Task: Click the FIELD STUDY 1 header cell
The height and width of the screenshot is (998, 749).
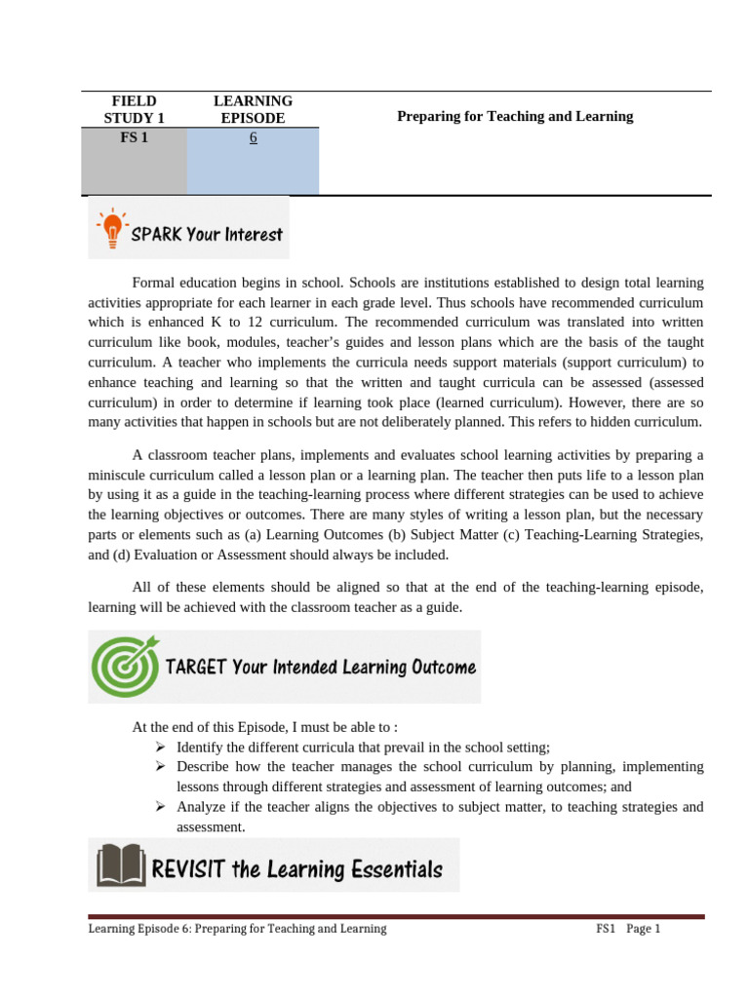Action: pyautogui.click(x=134, y=109)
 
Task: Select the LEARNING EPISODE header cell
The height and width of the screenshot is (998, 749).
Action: pyautogui.click(x=253, y=109)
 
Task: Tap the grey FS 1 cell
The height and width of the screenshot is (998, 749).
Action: pyautogui.click(x=134, y=138)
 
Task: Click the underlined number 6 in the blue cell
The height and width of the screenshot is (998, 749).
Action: pyautogui.click(x=253, y=138)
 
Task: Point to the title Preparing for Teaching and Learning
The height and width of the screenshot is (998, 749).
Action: pyautogui.click(x=515, y=116)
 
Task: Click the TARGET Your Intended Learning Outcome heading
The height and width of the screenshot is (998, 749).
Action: pyautogui.click(x=321, y=668)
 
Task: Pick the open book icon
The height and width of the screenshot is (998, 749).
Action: pyautogui.click(x=120, y=865)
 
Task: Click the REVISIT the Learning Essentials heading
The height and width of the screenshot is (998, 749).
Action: pyautogui.click(x=296, y=868)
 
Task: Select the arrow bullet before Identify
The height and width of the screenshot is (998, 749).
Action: pyautogui.click(x=161, y=748)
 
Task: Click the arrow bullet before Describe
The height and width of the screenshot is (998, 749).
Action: pyautogui.click(x=161, y=767)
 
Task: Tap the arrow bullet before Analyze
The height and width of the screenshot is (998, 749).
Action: pyautogui.click(x=161, y=807)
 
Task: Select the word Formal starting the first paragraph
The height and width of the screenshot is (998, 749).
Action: pyautogui.click(x=154, y=283)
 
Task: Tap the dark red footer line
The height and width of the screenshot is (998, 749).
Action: pyautogui.click(x=396, y=916)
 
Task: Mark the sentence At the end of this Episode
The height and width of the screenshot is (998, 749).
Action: pyautogui.click(x=264, y=727)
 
